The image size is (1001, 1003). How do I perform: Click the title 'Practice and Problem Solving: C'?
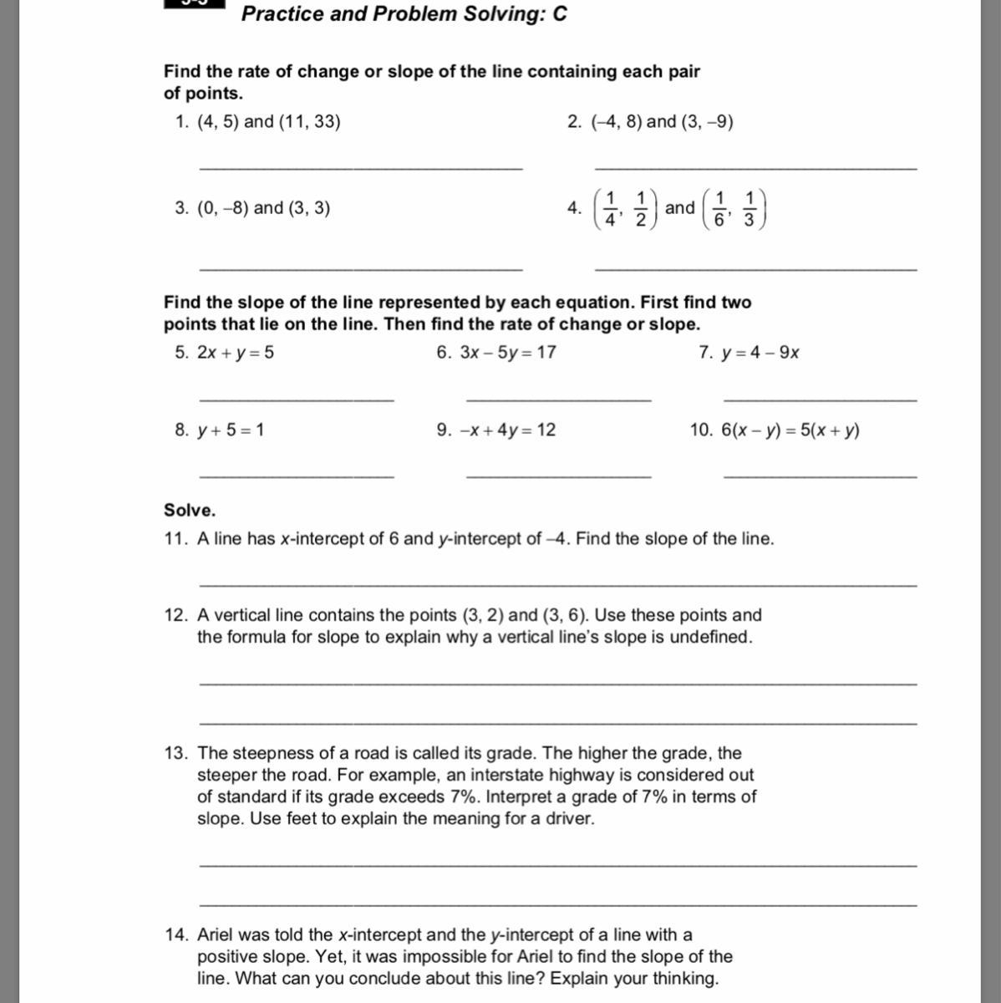[404, 14]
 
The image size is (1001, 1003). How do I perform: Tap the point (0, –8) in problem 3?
[223, 208]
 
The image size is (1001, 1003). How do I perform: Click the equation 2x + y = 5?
[236, 353]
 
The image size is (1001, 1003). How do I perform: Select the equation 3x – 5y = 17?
[508, 353]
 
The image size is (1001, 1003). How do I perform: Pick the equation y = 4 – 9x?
[760, 353]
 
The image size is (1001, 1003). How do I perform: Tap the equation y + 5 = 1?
[231, 430]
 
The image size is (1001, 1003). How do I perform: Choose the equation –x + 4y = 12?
[508, 430]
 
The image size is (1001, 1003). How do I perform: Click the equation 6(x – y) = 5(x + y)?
[790, 430]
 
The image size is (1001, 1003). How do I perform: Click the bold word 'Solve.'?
[190, 510]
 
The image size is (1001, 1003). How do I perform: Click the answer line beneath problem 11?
[557, 585]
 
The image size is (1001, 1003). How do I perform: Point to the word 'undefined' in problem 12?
[710, 638]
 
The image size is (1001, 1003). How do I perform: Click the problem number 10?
[701, 430]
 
